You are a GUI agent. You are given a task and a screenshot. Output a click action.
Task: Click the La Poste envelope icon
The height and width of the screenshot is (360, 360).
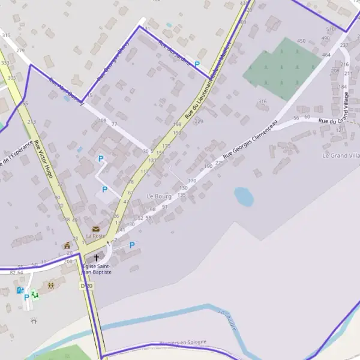pos(96,229)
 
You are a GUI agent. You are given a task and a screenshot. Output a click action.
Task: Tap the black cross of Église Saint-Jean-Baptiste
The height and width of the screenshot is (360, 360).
pos(96,257)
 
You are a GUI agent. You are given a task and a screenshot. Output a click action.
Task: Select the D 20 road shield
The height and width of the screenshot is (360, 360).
pos(86,286)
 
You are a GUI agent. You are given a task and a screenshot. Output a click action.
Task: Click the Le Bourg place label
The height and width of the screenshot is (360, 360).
pos(159,196)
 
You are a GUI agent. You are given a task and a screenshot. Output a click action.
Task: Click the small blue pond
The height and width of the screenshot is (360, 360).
pos(244,196)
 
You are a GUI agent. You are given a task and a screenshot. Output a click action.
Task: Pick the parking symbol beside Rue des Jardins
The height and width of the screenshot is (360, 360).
pos(197,64)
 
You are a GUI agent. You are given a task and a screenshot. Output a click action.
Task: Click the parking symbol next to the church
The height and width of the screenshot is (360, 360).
pos(132,245)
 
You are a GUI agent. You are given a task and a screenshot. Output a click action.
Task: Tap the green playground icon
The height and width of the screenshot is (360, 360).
pos(34,293)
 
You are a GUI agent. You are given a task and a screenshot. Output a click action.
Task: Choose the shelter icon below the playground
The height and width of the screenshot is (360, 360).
pos(34,320)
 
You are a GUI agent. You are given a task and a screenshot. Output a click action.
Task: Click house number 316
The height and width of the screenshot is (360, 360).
pos(262,101)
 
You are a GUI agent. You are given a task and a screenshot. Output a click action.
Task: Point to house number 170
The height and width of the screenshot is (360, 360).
pos(192,181)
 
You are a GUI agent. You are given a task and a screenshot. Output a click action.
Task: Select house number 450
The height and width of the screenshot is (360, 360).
pos(301,41)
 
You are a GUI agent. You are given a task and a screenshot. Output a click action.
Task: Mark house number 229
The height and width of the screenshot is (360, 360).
pos(199,121)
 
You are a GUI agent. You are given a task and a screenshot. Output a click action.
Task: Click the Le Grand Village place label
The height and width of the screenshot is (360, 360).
pos(341,155)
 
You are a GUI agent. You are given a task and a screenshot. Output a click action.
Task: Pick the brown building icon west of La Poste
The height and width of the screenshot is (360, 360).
pos(67,245)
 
